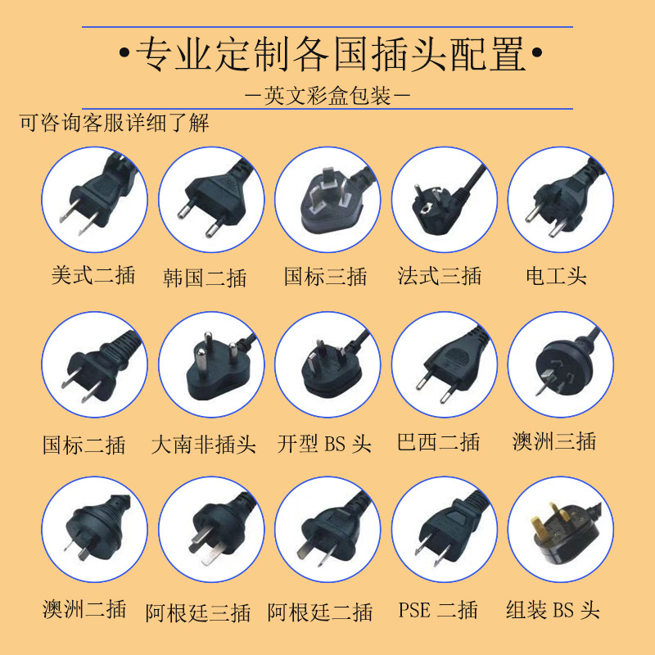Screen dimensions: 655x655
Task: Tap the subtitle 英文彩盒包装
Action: tap(327, 96)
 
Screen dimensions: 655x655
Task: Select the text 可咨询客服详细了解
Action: tap(114, 123)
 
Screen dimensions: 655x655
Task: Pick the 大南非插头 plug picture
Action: tap(211, 364)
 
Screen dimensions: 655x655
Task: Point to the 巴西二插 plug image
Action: tap(445, 364)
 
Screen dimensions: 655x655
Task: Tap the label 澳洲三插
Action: tap(554, 442)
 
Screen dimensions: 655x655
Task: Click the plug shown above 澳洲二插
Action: tap(94, 529)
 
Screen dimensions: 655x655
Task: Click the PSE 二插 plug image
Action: tap(445, 529)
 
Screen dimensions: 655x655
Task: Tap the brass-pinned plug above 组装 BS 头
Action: tap(561, 529)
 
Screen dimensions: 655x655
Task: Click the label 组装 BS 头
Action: tap(553, 610)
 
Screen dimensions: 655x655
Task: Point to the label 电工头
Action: tap(557, 275)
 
